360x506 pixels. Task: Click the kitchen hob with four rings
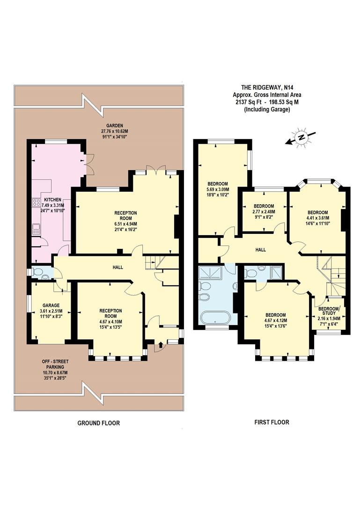click(x=36, y=203)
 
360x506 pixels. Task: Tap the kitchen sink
click(x=36, y=229)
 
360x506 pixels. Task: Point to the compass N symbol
click(x=302, y=137)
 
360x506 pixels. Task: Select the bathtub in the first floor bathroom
click(x=214, y=318)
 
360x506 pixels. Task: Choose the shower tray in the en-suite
click(x=276, y=273)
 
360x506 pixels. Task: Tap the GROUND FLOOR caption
click(x=98, y=423)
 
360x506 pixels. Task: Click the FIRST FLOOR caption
click(x=272, y=422)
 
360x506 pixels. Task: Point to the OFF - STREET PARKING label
click(x=55, y=367)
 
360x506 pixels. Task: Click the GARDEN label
click(x=114, y=126)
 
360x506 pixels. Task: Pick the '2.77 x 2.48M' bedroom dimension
click(x=264, y=212)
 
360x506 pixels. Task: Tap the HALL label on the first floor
click(x=260, y=250)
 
